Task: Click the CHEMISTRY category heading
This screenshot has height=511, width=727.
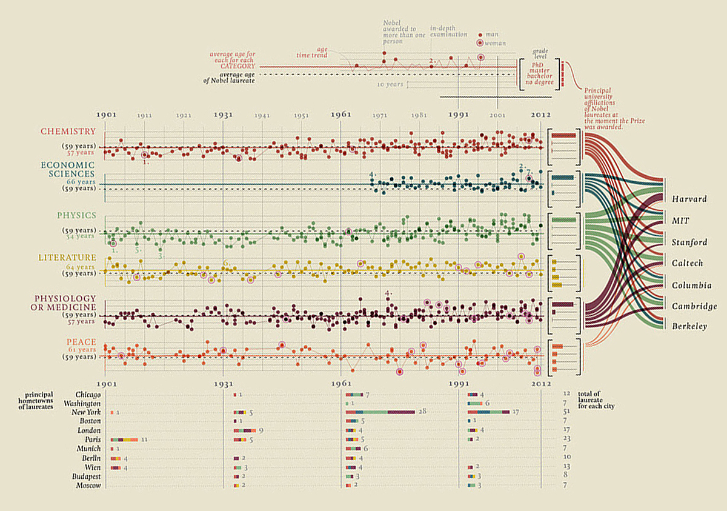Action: click(x=68, y=132)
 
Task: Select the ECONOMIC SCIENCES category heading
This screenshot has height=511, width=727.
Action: click(x=68, y=169)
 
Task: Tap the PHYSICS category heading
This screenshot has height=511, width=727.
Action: click(x=76, y=215)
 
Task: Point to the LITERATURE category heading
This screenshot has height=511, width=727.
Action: click(x=67, y=258)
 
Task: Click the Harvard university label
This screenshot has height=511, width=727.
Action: click(x=689, y=199)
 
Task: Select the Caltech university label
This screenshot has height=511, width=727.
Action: click(x=687, y=263)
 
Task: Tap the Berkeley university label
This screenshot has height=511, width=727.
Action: click(x=689, y=327)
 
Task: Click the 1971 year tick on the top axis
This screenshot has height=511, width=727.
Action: click(x=380, y=115)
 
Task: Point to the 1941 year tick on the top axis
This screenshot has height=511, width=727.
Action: click(x=262, y=115)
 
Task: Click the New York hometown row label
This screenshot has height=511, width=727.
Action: click(x=85, y=412)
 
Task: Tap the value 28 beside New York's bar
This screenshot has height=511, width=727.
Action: click(x=422, y=412)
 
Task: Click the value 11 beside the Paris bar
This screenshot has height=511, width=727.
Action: click(x=145, y=439)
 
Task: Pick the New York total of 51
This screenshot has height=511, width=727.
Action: click(x=566, y=412)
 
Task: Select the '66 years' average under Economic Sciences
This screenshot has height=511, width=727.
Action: click(x=82, y=182)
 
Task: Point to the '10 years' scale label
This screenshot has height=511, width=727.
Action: click(x=390, y=84)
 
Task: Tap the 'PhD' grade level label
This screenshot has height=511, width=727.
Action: click(x=537, y=64)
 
